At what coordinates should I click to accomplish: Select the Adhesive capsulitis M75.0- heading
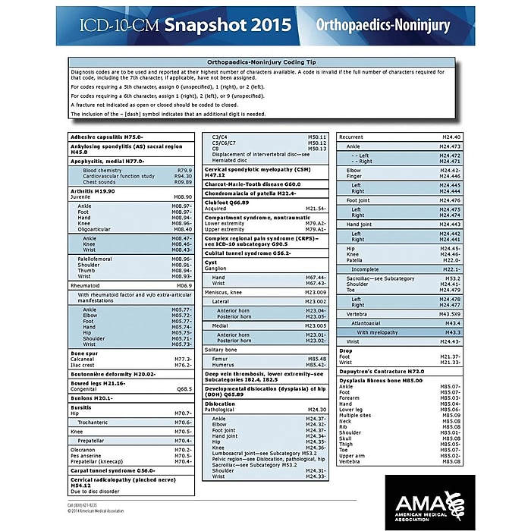point(107,137)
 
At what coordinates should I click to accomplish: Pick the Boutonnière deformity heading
point(113,374)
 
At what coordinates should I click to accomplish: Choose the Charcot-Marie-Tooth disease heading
point(253,184)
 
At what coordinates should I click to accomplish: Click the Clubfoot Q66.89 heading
point(228,203)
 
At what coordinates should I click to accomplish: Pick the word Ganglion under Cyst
point(215,269)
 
